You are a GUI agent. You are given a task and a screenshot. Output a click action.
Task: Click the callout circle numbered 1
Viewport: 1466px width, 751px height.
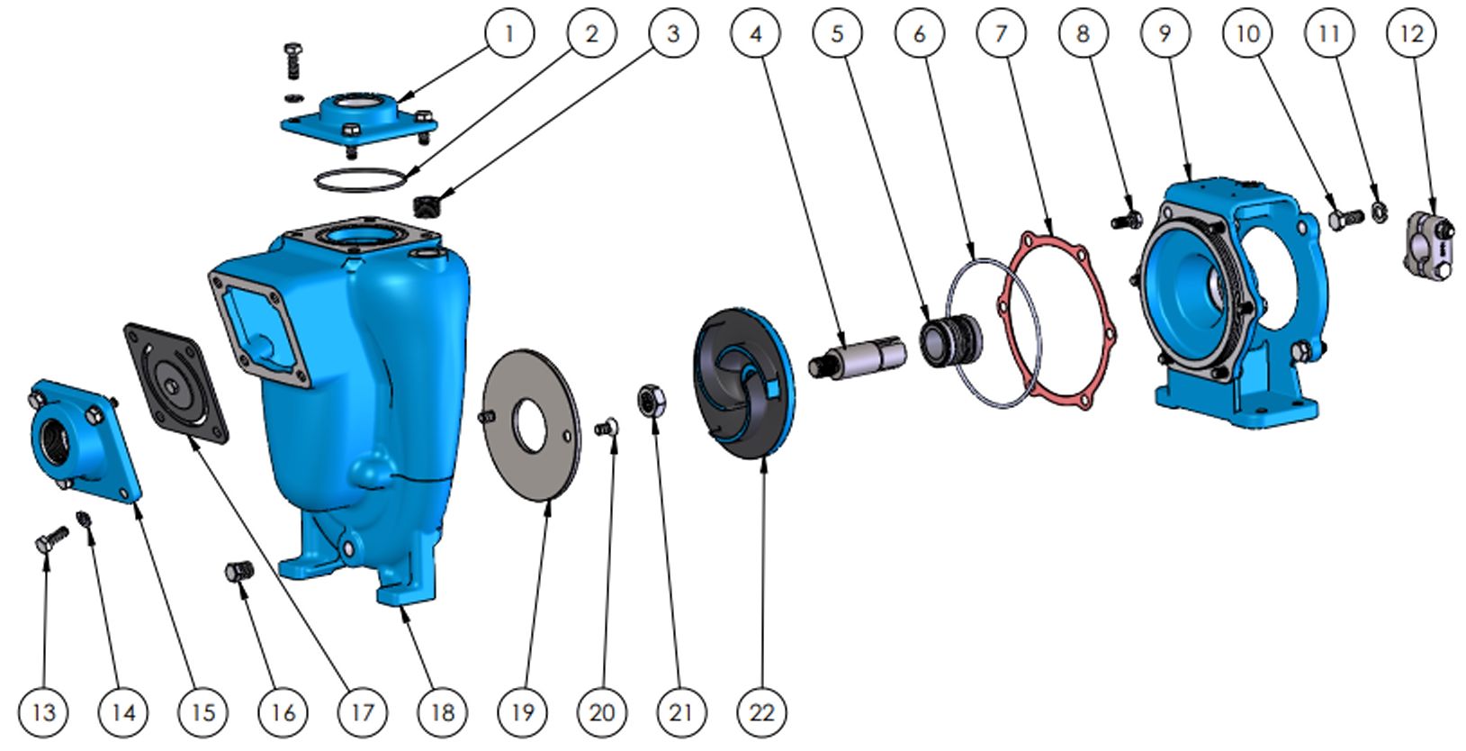(510, 33)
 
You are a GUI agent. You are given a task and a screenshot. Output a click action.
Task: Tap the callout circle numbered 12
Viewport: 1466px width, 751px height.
(1411, 33)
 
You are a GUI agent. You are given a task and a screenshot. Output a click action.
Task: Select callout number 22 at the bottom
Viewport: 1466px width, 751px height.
(761, 712)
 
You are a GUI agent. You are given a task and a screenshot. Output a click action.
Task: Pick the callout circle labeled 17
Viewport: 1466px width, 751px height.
(363, 712)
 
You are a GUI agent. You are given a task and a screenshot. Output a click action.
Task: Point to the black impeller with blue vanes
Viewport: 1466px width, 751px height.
(744, 383)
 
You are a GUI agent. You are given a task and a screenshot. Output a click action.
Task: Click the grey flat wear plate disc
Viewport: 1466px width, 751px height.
(531, 425)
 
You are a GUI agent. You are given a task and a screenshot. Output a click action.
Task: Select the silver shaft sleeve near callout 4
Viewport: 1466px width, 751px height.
(858, 358)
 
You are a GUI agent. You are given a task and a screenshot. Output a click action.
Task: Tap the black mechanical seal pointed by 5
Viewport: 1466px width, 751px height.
(950, 340)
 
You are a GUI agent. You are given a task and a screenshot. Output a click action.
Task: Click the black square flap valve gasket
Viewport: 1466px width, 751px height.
(175, 383)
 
